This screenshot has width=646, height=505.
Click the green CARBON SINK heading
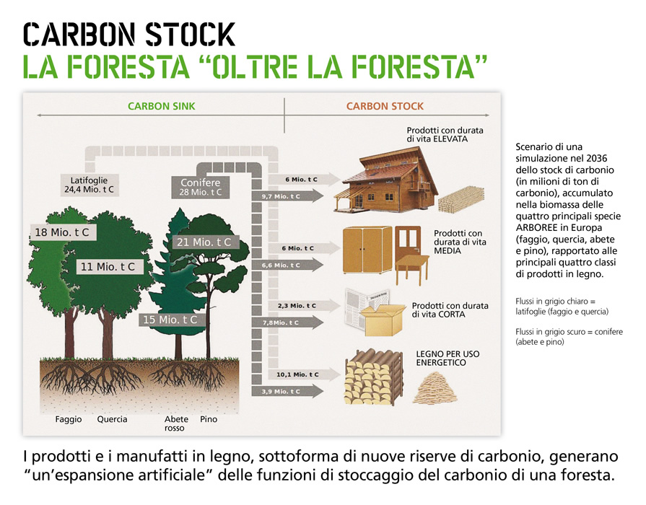[x=162, y=106]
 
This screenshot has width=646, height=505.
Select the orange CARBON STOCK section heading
[x=385, y=106]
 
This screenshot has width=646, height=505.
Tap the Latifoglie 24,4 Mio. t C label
[x=89, y=185]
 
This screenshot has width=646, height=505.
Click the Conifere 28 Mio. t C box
[x=200, y=188]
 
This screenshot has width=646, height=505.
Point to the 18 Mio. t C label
[x=62, y=232]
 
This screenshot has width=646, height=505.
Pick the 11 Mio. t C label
[x=108, y=267]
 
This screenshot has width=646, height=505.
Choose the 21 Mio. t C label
[x=204, y=242]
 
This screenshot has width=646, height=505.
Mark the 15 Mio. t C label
[x=170, y=320]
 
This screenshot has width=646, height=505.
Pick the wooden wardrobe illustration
[x=367, y=250]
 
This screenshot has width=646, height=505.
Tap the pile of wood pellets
[x=436, y=387]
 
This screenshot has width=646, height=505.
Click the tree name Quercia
[x=112, y=419]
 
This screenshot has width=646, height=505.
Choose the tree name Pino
[x=209, y=419]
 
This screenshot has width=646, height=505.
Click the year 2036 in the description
[x=597, y=159]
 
